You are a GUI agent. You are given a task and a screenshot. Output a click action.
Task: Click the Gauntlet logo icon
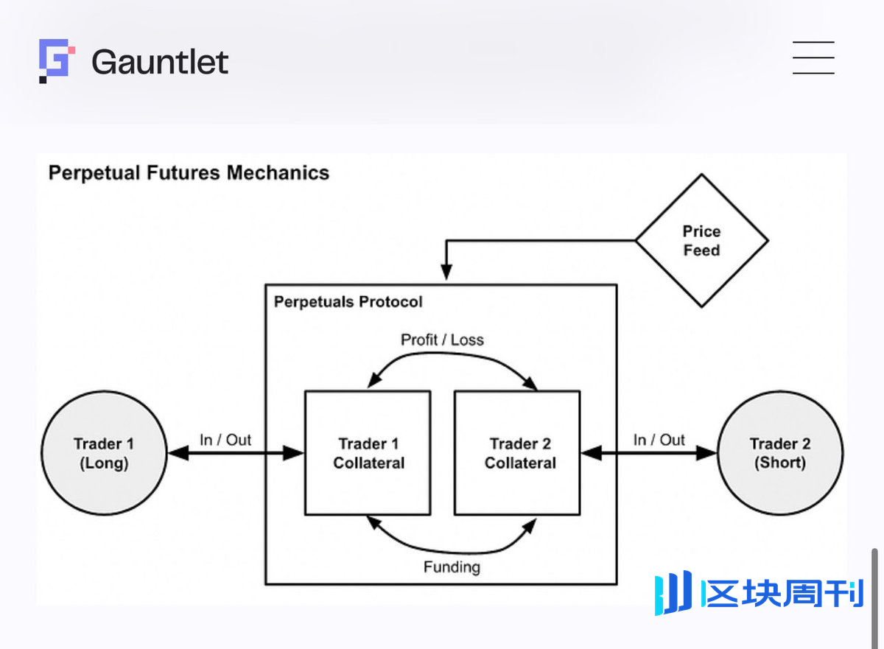(57, 60)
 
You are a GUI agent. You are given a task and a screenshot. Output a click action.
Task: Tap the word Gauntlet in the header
(160, 62)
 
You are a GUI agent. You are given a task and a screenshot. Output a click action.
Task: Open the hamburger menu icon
(813, 57)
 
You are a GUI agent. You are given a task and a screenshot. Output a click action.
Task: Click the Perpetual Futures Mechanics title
(189, 173)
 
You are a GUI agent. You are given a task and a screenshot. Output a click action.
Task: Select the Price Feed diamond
(701, 241)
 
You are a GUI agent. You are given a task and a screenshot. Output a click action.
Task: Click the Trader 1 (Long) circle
(104, 453)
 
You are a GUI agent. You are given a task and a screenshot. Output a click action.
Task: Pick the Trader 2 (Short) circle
(780, 453)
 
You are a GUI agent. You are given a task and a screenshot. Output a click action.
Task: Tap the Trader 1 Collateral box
(368, 453)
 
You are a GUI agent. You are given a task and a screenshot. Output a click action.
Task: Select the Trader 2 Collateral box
(517, 453)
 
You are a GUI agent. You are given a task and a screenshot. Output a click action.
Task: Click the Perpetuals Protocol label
(348, 302)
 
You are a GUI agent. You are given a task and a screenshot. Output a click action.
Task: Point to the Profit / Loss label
(442, 340)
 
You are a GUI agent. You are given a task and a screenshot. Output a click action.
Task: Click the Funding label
(452, 567)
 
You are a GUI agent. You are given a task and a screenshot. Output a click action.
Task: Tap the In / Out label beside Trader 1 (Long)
(225, 440)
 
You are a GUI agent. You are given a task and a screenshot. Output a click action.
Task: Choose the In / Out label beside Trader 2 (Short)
(659, 440)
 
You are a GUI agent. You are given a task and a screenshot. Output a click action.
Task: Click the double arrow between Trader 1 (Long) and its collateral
(236, 454)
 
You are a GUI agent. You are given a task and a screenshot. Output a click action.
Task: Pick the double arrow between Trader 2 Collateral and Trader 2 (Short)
(648, 454)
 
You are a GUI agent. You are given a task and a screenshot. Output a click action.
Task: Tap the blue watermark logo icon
(673, 593)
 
